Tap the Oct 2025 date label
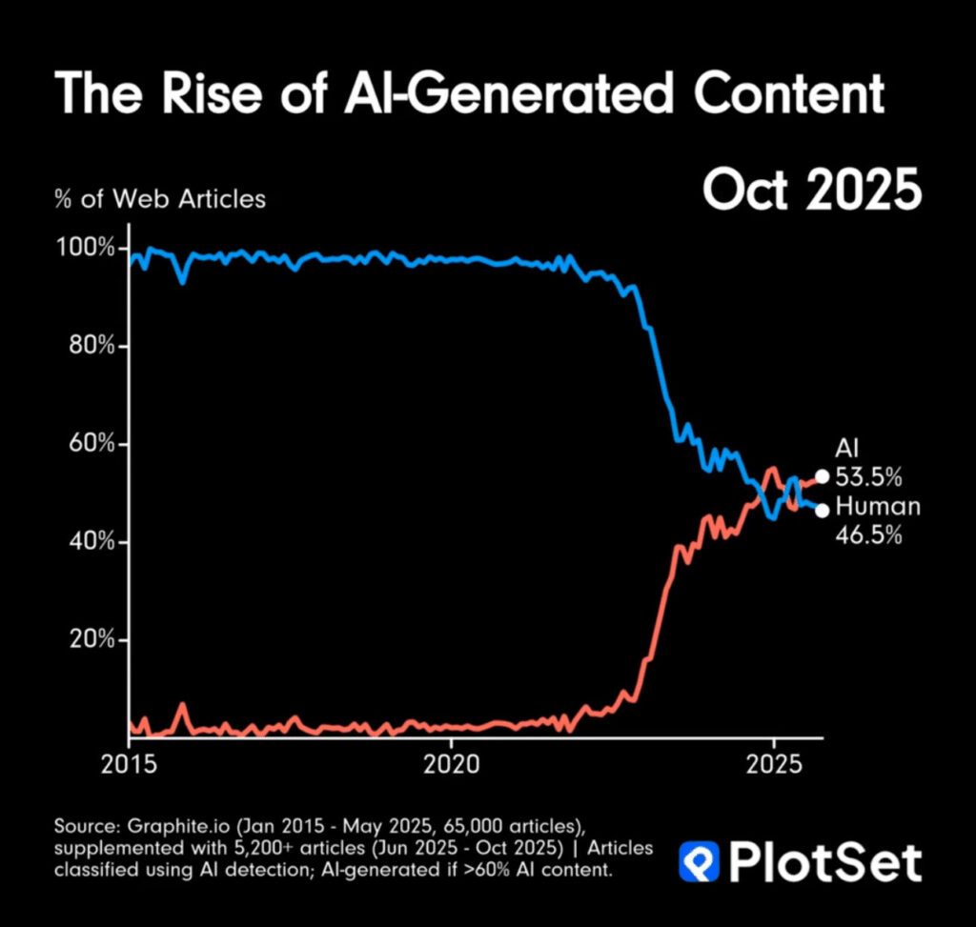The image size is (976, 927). point(812,191)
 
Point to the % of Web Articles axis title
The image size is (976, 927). point(160,199)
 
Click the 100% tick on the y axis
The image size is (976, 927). point(86,249)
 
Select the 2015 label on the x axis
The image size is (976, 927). point(129,765)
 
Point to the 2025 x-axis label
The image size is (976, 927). point(773,765)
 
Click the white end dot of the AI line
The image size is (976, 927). point(823,476)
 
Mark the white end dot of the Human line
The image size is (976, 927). point(823,510)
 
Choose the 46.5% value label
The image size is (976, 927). point(868,535)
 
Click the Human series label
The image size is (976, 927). point(878,507)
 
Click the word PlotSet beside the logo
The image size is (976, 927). point(825,861)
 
